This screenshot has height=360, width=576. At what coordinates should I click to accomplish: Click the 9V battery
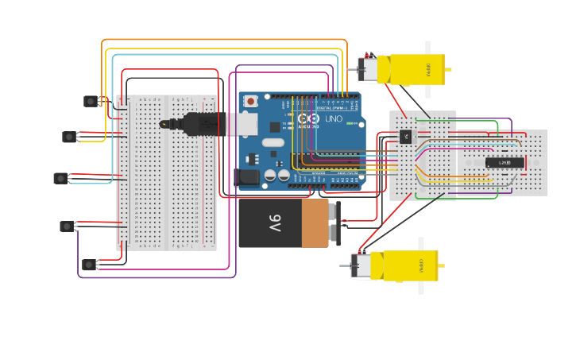[x=286, y=223]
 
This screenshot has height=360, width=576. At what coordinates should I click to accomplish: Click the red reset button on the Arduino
[x=251, y=101]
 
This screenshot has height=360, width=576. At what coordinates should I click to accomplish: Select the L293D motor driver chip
[x=504, y=163]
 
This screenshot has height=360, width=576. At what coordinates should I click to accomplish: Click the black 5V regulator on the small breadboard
[x=406, y=136]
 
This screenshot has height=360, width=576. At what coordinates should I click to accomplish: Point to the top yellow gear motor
[x=405, y=70]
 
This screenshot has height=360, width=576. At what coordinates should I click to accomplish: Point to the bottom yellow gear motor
[x=397, y=265]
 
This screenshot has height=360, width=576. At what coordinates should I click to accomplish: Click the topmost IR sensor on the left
[x=91, y=101]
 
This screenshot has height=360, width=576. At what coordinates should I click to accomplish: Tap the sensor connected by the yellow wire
[x=70, y=137]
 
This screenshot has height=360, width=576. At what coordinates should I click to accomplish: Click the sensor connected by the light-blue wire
[x=60, y=178]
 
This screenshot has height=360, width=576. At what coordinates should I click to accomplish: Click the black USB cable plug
[x=195, y=124]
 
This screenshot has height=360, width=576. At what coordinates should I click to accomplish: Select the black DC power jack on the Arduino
[x=249, y=177]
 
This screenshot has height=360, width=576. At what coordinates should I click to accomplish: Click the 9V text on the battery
[x=274, y=223]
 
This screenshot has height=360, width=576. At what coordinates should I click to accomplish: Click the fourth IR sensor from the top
[x=67, y=226]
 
